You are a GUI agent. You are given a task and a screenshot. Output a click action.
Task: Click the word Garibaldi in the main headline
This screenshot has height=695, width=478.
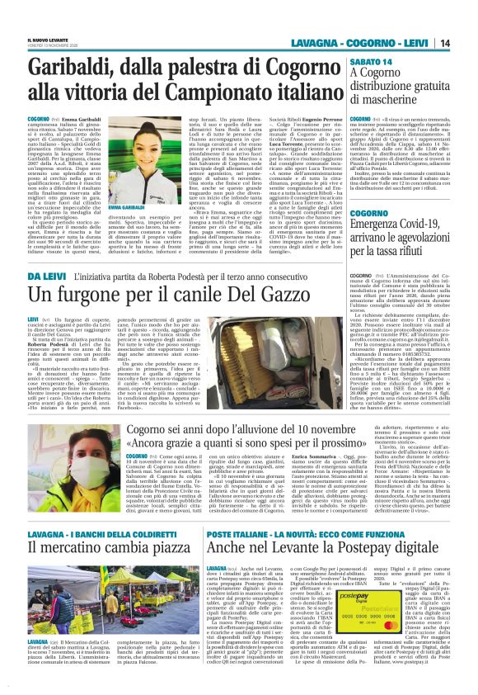(82, 71)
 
